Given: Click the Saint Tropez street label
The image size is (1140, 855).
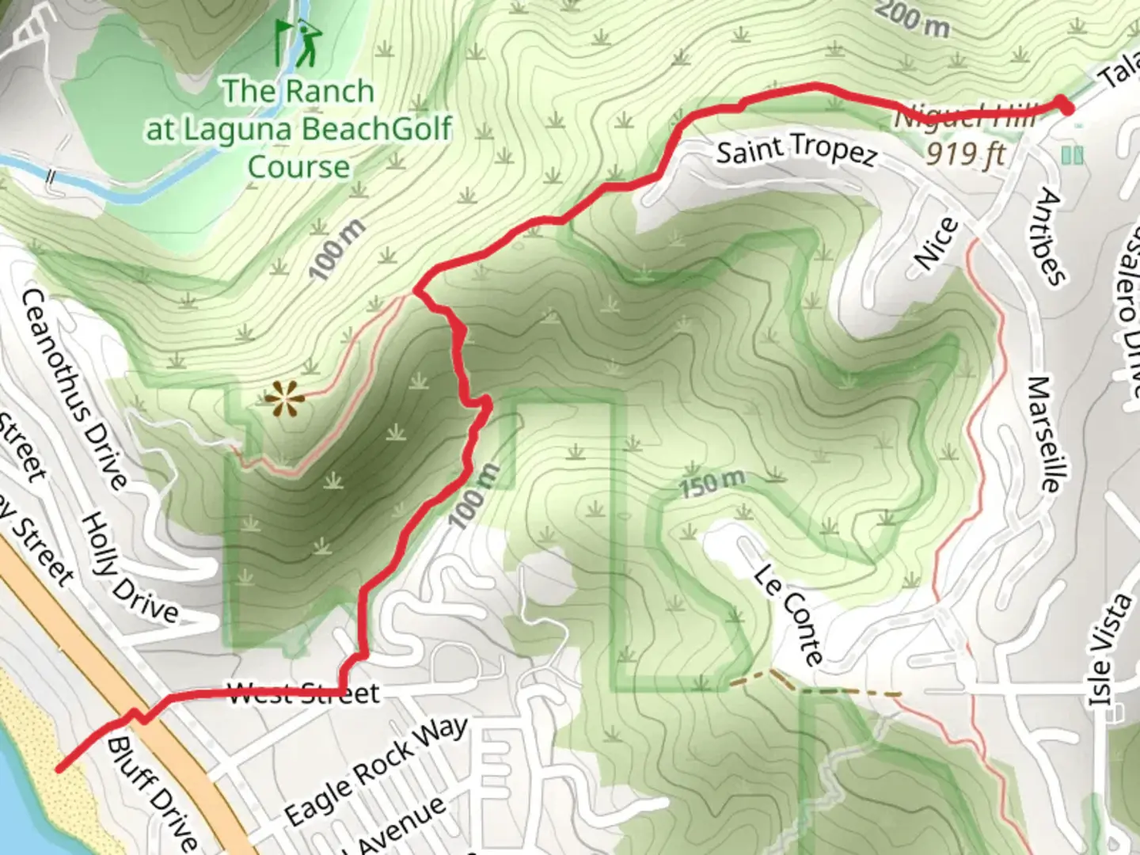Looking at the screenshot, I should tap(796, 150).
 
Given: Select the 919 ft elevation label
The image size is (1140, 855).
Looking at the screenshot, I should tap(965, 153).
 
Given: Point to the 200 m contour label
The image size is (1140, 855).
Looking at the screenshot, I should tap(912, 17).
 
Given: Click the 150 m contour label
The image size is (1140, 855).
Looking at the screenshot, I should tap(712, 482).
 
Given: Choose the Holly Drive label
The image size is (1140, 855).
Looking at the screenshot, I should tap(130, 567).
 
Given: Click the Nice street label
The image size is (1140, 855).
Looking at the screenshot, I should tap(936, 244).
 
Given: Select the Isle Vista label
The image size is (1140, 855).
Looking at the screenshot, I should tap(1111, 649).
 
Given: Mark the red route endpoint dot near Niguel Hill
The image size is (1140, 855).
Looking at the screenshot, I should tap(1066, 106).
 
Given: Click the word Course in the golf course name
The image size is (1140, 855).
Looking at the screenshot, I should tap(298, 167).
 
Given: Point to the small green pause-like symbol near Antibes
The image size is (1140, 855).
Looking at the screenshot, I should tap(1072, 155).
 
